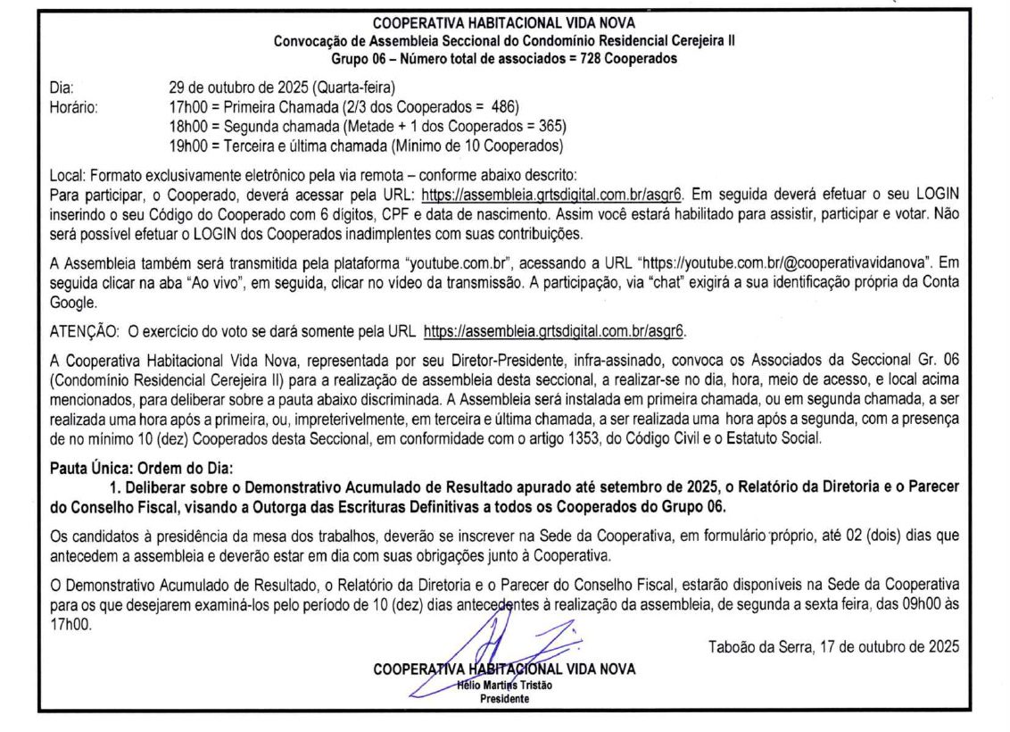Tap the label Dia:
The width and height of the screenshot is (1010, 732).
click(61, 87)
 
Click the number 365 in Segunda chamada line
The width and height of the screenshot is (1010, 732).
click(551, 126)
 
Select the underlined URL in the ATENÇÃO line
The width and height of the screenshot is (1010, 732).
click(553, 332)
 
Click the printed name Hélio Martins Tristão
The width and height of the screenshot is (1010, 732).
click(504, 685)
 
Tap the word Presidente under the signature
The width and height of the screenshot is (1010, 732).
click(504, 698)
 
